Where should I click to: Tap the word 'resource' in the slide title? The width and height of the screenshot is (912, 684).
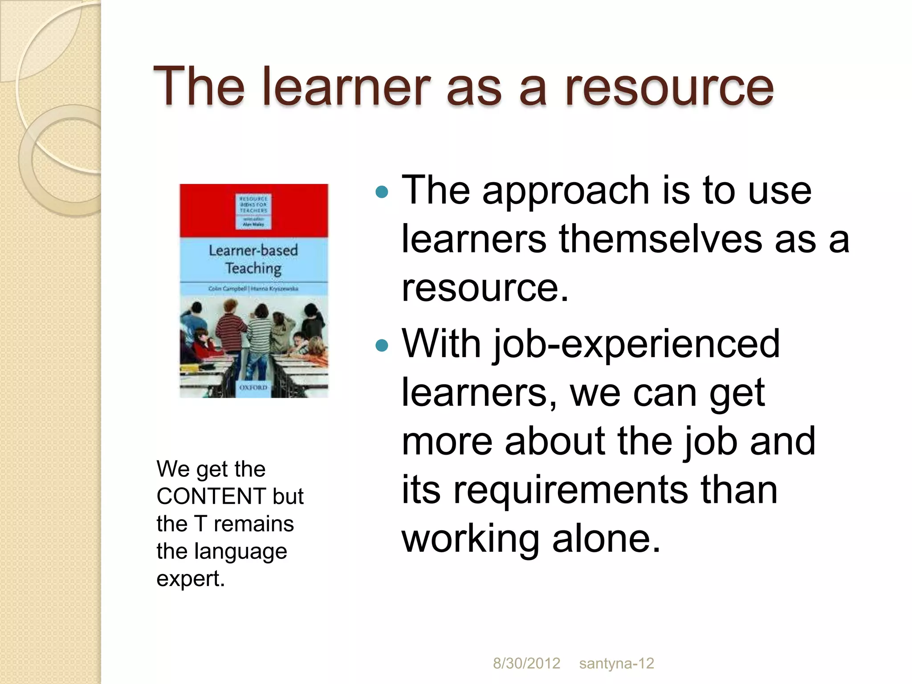pyautogui.click(x=669, y=87)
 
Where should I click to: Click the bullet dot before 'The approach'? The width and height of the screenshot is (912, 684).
pyautogui.click(x=382, y=192)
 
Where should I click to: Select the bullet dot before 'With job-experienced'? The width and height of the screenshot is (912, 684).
pyautogui.click(x=382, y=345)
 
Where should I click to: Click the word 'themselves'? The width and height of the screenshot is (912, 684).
pyautogui.click(x=660, y=239)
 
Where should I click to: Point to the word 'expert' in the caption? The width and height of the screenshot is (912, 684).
pyautogui.click(x=190, y=578)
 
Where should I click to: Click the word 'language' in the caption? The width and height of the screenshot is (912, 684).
pyautogui.click(x=240, y=551)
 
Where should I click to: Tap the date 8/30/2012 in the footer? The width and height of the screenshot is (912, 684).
pyautogui.click(x=526, y=664)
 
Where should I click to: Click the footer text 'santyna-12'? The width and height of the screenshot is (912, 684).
pyautogui.click(x=616, y=664)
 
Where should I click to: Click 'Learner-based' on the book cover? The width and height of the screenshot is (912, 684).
pyautogui.click(x=253, y=250)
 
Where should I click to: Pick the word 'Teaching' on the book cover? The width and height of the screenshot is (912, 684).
pyautogui.click(x=253, y=268)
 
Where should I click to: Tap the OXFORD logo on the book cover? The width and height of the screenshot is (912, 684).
pyautogui.click(x=253, y=387)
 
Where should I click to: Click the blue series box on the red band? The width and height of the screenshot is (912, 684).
pyautogui.click(x=253, y=211)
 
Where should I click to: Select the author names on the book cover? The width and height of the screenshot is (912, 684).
pyautogui.click(x=253, y=289)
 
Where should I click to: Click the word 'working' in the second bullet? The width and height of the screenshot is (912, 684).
pyautogui.click(x=470, y=538)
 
